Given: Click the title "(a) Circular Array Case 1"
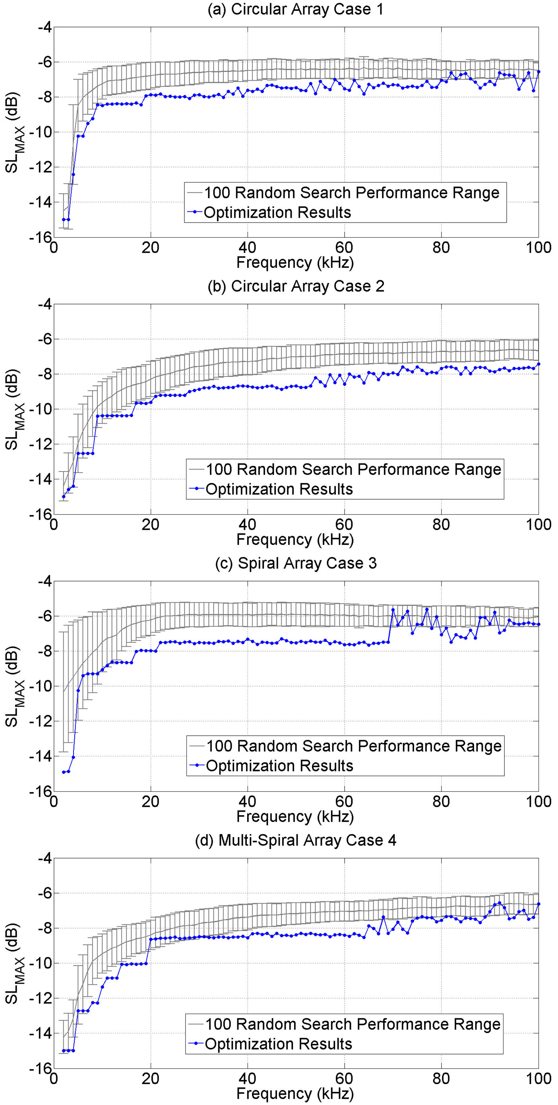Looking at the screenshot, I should pyautogui.click(x=296, y=10).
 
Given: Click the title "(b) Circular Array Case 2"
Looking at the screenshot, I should pyautogui.click(x=296, y=286).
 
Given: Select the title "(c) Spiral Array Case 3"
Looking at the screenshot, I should pyautogui.click(x=296, y=563).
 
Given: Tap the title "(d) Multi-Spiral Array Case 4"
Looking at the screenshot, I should pyautogui.click(x=296, y=840).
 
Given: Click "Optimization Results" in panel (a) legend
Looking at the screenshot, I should pyautogui.click(x=277, y=212).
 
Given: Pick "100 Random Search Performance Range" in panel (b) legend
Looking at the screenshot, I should pyautogui.click(x=353, y=469).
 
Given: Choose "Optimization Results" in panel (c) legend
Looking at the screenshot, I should pyautogui.click(x=279, y=766).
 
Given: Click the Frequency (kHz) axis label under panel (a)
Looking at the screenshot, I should pyautogui.click(x=295, y=262).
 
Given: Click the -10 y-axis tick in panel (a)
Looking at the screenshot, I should pyautogui.click(x=41, y=132).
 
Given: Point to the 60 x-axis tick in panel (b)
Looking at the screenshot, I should pyautogui.click(x=344, y=524).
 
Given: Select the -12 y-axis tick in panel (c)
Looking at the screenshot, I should pyautogui.click(x=41, y=721).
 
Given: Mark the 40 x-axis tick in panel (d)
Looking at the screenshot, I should pyautogui.click(x=248, y=1078).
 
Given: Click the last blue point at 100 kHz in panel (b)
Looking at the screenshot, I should pyautogui.click(x=539, y=364).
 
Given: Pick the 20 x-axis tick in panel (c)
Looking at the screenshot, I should pyautogui.click(x=151, y=801).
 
